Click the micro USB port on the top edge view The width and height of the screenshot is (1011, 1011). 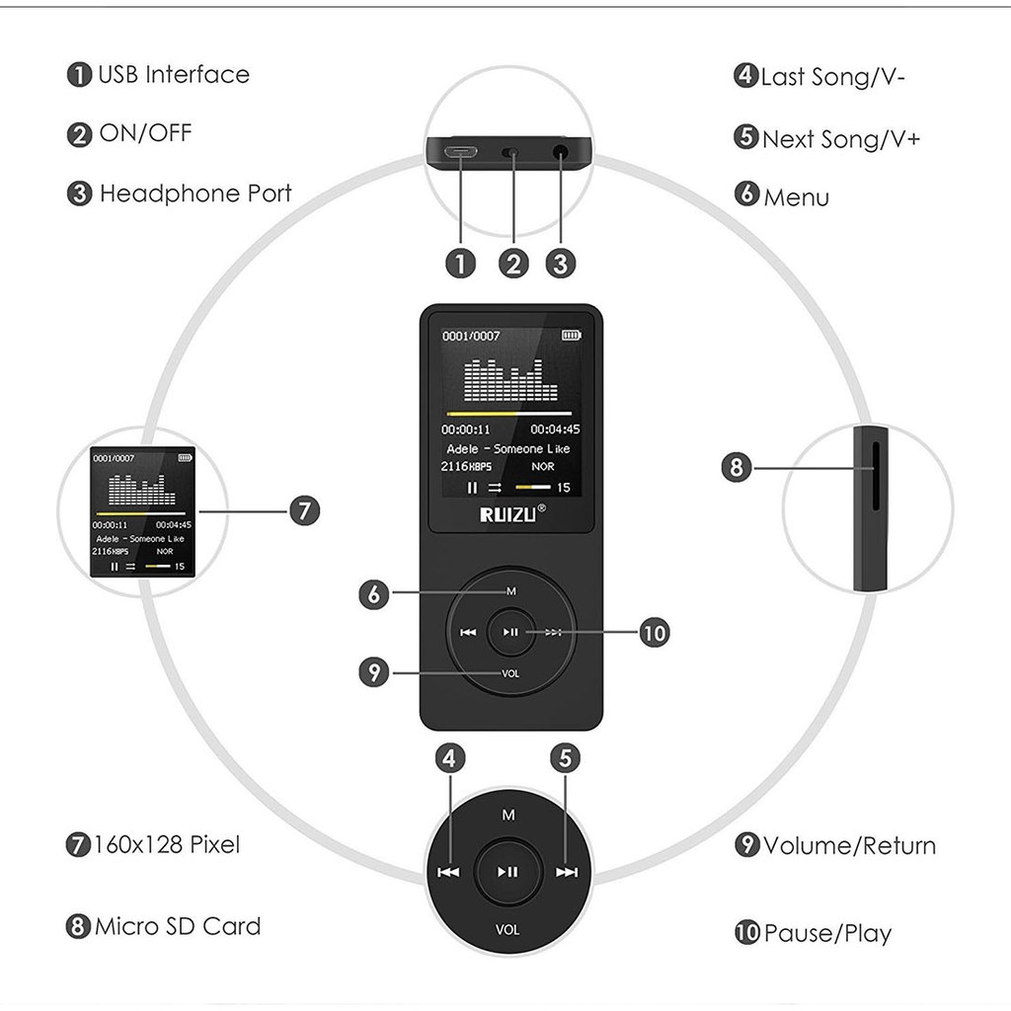pyautogui.click(x=460, y=153)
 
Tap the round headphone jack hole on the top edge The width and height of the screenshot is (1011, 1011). pyautogui.click(x=561, y=153)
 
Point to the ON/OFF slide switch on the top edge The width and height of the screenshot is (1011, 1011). pyautogui.click(x=510, y=153)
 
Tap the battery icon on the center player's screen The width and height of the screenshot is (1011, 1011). pyautogui.click(x=572, y=336)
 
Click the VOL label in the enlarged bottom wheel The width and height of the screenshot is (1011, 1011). pyautogui.click(x=507, y=929)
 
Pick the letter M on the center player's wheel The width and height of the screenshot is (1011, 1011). pyautogui.click(x=511, y=591)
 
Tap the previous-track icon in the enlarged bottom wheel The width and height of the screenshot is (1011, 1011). pyautogui.click(x=449, y=873)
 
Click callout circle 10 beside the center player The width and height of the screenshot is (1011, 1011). pyautogui.click(x=655, y=633)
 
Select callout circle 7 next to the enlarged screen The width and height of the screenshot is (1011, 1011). pyautogui.click(x=305, y=510)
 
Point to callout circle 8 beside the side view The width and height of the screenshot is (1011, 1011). pyautogui.click(x=737, y=467)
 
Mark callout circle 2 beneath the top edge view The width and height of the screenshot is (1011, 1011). pyautogui.click(x=513, y=264)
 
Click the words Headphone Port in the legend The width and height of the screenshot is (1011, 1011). pyautogui.click(x=195, y=194)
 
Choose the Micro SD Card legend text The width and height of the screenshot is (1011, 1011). pyautogui.click(x=178, y=926)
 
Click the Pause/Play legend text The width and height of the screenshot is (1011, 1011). pyautogui.click(x=828, y=934)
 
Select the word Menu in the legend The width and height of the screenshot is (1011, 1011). pyautogui.click(x=797, y=197)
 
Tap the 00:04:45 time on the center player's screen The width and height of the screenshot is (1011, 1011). pyautogui.click(x=555, y=429)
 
